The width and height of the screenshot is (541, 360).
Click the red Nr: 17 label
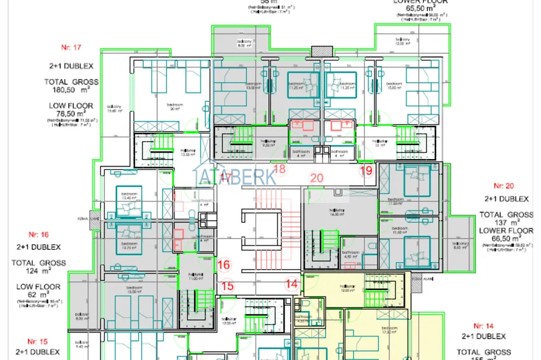(x=71, y=47)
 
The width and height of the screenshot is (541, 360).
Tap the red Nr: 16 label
(x=39, y=234)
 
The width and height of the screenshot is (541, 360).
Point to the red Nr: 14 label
(x=484, y=325)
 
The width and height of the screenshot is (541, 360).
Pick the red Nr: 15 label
(x=39, y=341)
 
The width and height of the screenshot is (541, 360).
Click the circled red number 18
(x=280, y=169)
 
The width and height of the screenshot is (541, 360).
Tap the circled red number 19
(x=365, y=170)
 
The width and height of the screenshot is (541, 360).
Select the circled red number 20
(x=316, y=178)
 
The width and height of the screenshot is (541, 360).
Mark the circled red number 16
(x=223, y=265)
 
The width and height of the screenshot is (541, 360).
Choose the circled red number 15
(x=227, y=286)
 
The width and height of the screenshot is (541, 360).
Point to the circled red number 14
(x=292, y=284)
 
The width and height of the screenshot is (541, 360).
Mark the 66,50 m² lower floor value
(x=505, y=238)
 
